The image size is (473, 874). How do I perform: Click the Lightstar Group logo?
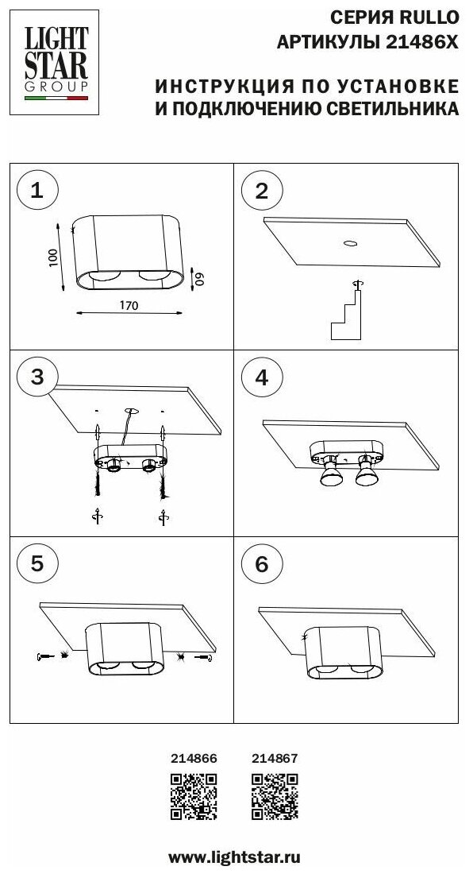[x=54, y=63]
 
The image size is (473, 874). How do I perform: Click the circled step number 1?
[x=37, y=191]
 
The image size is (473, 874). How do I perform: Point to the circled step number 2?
[x=262, y=191]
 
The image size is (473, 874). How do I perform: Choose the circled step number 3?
[x=37, y=377]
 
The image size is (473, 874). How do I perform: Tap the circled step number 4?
[x=262, y=377]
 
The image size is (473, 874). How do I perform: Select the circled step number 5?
[x=37, y=564]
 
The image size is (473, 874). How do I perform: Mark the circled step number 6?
[x=262, y=564]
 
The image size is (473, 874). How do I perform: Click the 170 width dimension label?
[x=129, y=305]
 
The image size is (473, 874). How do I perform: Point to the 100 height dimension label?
[x=53, y=257]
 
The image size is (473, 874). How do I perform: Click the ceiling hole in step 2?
[x=351, y=243]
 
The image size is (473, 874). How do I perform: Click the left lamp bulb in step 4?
[x=330, y=471]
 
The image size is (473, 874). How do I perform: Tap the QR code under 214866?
[x=194, y=796]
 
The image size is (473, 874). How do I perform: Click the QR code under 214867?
[x=275, y=796]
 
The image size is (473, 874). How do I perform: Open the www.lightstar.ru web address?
[x=234, y=856]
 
